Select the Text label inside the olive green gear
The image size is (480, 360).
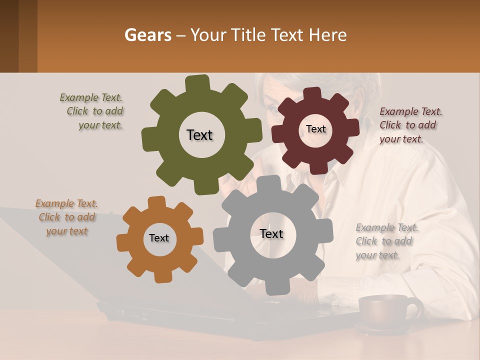pyautogui.click(x=199, y=135)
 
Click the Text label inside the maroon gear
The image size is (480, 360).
pyautogui.click(x=315, y=129)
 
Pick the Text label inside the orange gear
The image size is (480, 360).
pyautogui.click(x=159, y=238)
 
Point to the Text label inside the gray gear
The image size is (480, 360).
pyautogui.click(x=271, y=233)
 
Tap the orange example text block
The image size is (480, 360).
pyautogui.click(x=67, y=217)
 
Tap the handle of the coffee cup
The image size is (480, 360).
pyautogui.click(x=414, y=308)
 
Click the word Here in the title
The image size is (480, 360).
pyautogui.click(x=328, y=35)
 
